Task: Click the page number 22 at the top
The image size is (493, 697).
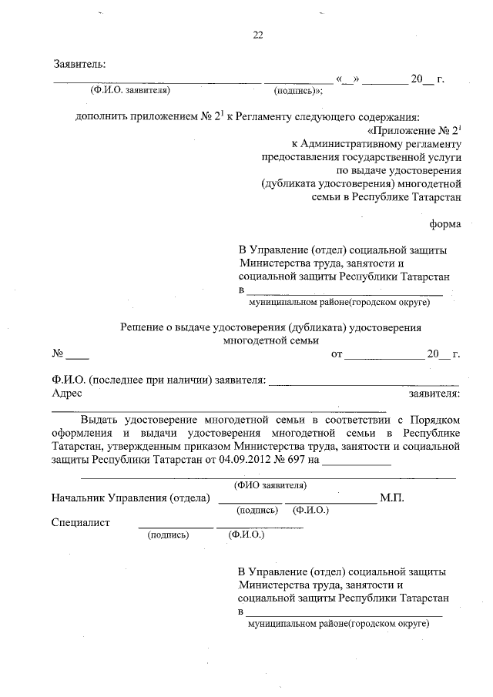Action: pos(257,35)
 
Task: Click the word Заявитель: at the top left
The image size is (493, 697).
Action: pos(79,62)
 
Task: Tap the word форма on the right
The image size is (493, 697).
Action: pos(445,224)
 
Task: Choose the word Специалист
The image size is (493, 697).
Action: pos(81,523)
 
